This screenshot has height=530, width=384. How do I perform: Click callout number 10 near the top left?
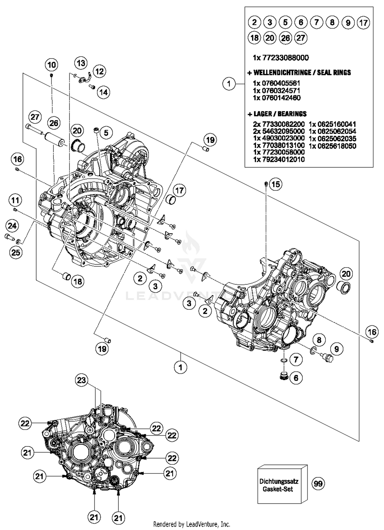coord(51,65)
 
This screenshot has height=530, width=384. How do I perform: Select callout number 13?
coord(81,63)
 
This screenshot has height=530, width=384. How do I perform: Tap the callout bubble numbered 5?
coord(106,133)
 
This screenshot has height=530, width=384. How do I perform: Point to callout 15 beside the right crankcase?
coord(275,184)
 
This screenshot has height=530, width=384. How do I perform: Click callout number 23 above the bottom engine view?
coord(81,380)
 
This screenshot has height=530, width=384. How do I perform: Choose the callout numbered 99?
coord(318,484)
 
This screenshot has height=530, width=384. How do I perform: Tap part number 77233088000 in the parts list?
coord(281,58)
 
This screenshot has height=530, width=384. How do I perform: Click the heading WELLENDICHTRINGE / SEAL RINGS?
coord(299,73)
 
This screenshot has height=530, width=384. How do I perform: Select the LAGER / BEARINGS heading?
coord(277,114)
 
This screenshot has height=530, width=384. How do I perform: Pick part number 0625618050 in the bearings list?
coord(332,146)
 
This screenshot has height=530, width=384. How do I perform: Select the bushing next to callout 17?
coord(171,200)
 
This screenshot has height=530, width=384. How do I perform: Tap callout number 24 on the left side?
coord(12,226)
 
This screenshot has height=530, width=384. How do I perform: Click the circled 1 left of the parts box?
coord(229,84)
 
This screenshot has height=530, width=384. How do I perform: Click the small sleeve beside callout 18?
coord(67,277)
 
